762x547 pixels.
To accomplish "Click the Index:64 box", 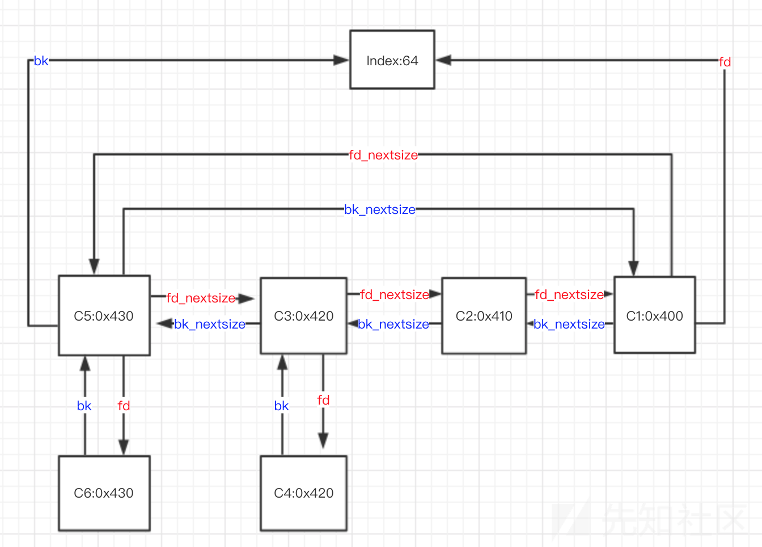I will tap(392, 60).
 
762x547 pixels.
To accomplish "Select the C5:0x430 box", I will tap(104, 315).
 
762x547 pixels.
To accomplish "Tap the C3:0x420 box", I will tap(303, 315).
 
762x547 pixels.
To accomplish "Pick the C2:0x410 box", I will tap(484, 315).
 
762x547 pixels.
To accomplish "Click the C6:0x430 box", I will tap(104, 493).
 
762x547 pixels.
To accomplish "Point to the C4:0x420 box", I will tap(303, 493).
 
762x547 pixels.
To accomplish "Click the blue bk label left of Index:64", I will tap(41, 61).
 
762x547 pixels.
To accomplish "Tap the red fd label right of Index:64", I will tap(725, 62).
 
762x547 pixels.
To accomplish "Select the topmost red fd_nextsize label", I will tap(383, 155).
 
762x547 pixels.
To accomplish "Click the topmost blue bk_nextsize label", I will tap(380, 209).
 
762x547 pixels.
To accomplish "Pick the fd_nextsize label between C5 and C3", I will tap(201, 298).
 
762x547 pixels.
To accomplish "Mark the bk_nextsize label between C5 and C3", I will tap(210, 324).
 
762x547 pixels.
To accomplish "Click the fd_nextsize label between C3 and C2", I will tap(395, 294).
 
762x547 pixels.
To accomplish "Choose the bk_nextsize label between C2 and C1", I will tap(569, 324).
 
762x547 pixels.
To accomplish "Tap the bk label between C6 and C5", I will tap(84, 406).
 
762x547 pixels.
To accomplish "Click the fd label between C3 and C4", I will tap(323, 400).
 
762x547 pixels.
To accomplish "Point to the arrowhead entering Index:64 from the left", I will tap(341, 60).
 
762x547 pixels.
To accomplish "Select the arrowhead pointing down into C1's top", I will tap(633, 268).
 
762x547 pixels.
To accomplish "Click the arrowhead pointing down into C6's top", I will tap(124, 447).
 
